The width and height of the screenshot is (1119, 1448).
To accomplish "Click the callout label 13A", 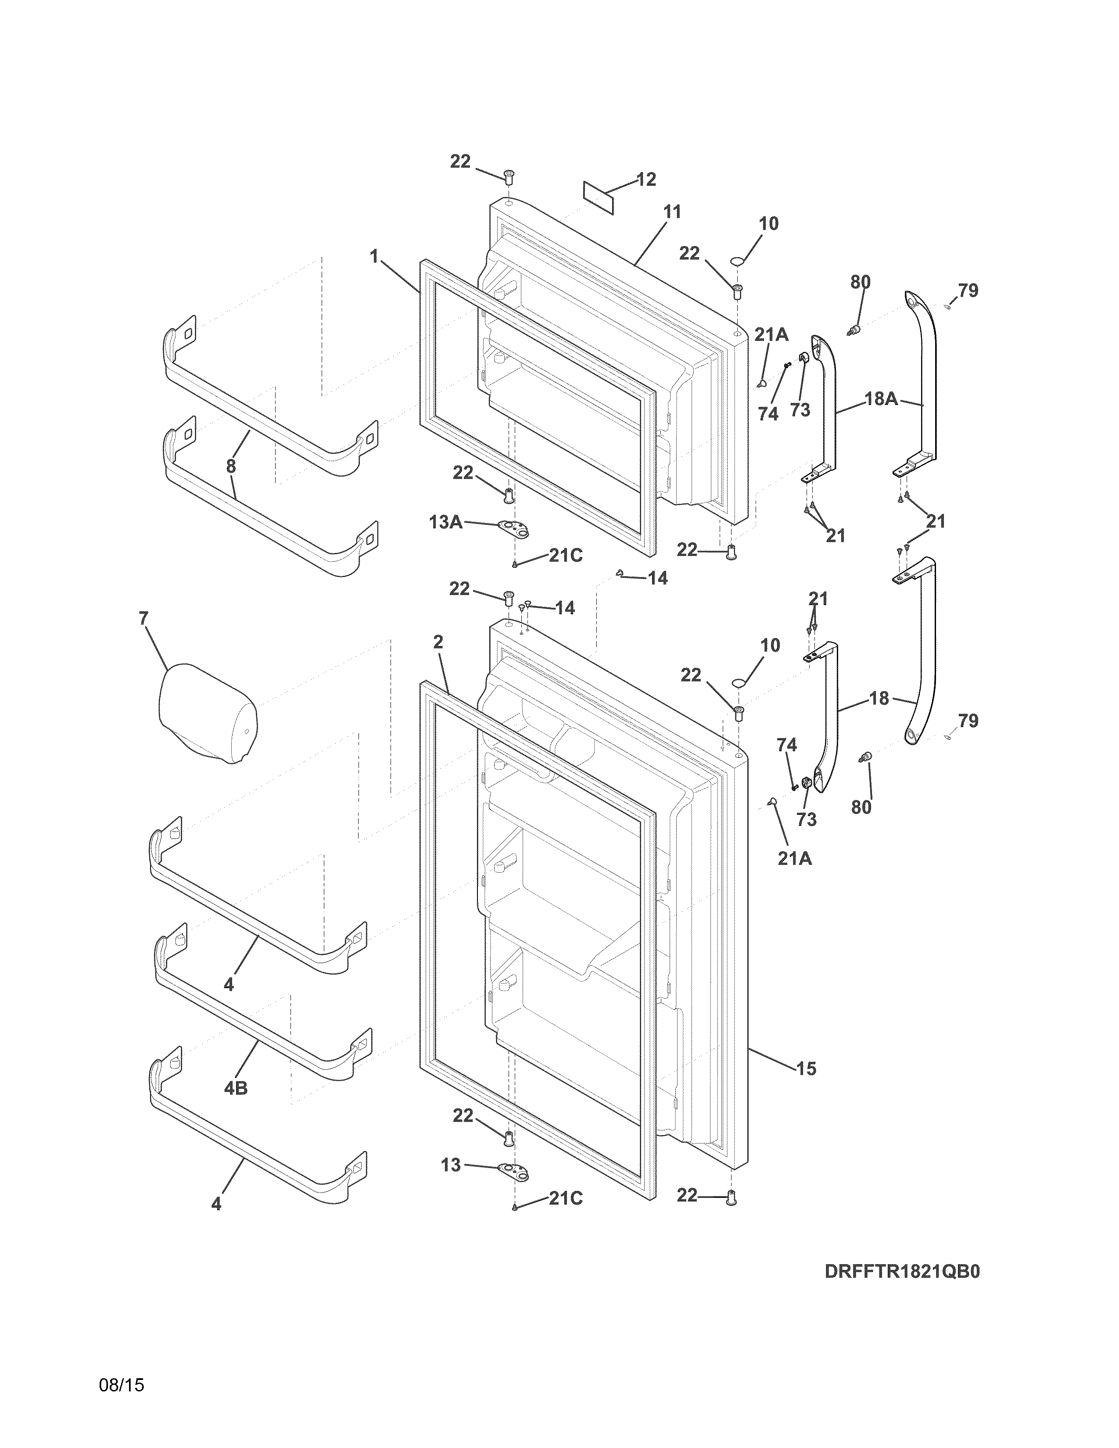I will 445,523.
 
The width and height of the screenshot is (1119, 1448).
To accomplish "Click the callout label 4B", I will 235,1088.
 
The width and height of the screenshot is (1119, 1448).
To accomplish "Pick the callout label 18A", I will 881,399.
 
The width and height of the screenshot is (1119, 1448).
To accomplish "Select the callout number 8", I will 231,466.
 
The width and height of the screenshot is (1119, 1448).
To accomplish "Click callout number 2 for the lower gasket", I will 438,642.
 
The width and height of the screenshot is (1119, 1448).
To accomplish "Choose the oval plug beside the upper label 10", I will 737,262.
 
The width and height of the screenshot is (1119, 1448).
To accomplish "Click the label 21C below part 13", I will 566,1199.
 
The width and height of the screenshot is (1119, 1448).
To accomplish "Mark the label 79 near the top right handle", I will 968,290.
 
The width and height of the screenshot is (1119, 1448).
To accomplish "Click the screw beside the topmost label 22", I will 509,176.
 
